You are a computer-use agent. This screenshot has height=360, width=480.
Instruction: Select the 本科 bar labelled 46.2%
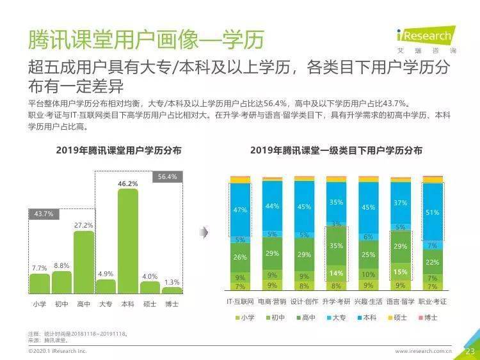[127, 240]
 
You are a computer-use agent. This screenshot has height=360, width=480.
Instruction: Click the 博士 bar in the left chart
[172, 290]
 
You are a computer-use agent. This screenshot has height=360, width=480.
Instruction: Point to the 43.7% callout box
[44, 214]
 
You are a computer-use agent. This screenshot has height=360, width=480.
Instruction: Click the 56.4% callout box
[167, 176]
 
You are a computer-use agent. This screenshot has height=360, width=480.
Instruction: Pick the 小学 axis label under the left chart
[40, 304]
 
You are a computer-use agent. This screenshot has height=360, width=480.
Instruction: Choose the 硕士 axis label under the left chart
[150, 304]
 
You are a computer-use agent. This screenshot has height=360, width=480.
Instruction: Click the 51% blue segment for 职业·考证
[432, 212]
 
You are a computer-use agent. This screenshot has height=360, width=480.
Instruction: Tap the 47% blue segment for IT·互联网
[240, 210]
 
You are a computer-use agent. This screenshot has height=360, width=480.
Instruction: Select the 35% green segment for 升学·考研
[336, 246]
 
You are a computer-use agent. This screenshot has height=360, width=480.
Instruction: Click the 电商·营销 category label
[272, 300]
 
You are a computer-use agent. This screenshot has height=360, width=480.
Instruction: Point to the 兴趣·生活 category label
[368, 300]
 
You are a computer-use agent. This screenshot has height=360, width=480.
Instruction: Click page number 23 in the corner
[468, 350]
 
